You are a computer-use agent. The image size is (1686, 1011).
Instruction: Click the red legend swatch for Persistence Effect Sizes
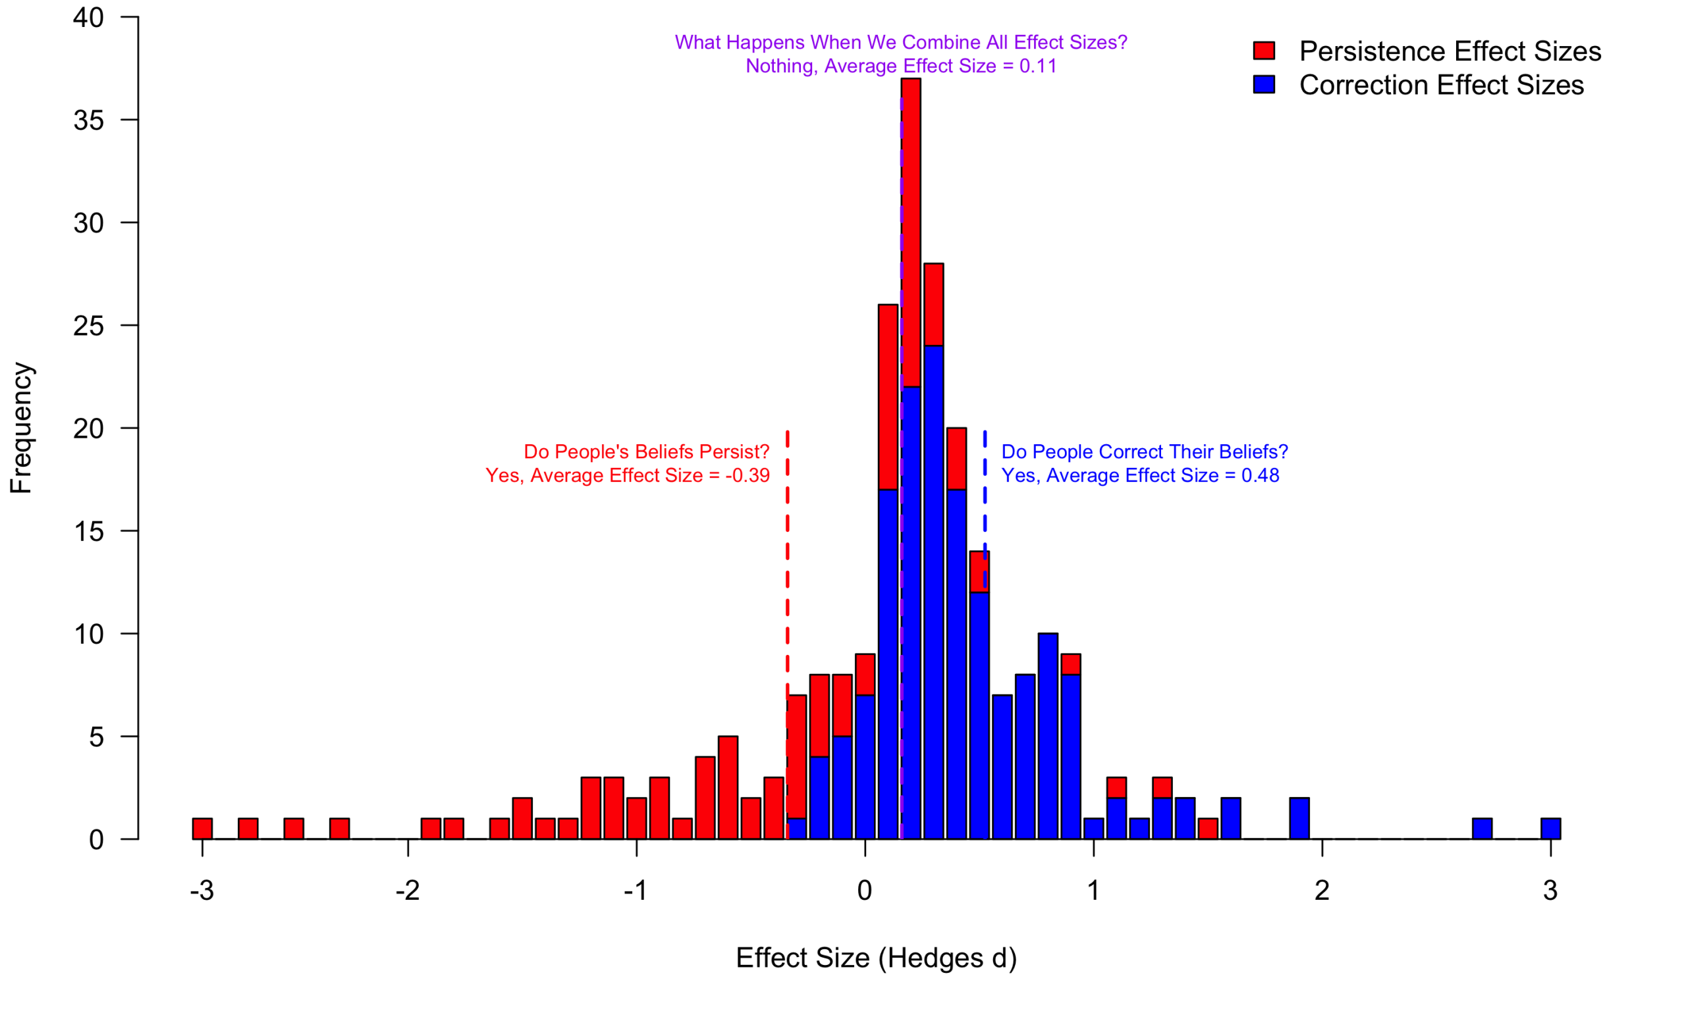[x=1263, y=51]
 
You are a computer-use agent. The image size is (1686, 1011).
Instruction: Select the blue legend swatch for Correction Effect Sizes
[x=1263, y=84]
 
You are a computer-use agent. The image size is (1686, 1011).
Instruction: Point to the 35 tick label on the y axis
[x=89, y=120]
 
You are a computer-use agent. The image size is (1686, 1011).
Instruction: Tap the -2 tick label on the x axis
[x=408, y=891]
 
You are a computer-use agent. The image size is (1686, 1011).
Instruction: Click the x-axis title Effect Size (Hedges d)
[x=876, y=958]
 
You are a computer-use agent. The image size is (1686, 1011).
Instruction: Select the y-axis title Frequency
[x=21, y=428]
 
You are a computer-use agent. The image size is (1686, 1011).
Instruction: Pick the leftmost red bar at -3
[x=202, y=829]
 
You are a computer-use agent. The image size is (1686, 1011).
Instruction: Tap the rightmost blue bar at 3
[x=1550, y=829]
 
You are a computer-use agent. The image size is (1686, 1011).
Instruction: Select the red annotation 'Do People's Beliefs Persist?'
[x=646, y=452]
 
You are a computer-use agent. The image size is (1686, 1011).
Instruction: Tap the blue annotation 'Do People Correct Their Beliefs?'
[x=1144, y=452]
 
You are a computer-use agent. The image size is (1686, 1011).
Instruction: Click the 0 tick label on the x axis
[x=865, y=891]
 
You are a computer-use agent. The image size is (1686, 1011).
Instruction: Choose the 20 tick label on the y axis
[x=89, y=429]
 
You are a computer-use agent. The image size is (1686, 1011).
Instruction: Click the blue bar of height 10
[x=1047, y=736]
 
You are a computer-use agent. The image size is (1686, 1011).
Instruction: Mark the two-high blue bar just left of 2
[x=1299, y=817]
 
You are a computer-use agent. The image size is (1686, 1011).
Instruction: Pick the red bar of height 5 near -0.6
[x=728, y=788]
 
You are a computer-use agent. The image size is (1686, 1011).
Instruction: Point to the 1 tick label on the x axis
[x=1093, y=891]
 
